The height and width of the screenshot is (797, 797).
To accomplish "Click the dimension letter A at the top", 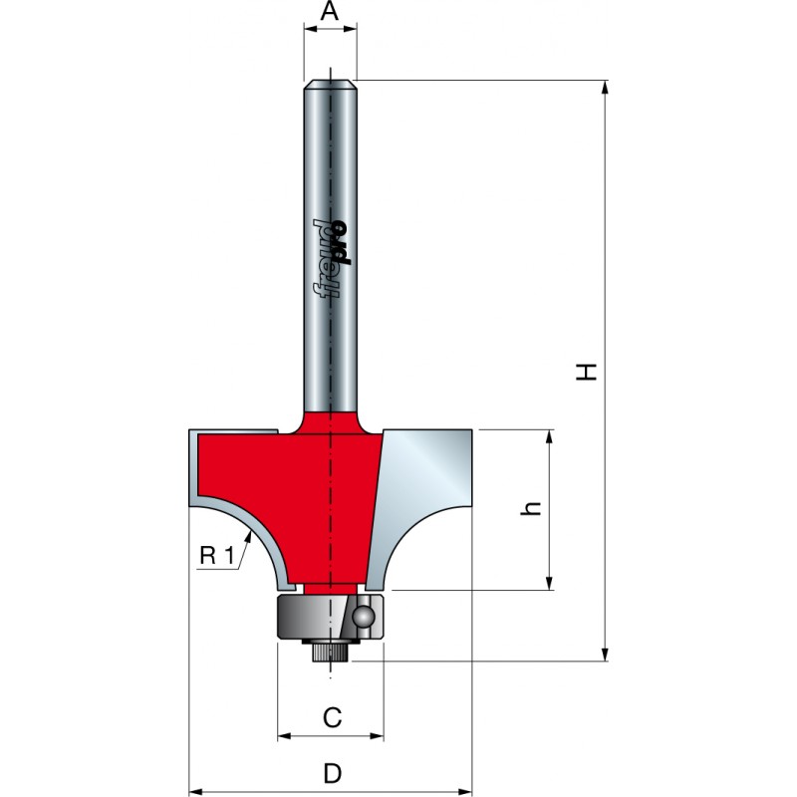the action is click(330, 11).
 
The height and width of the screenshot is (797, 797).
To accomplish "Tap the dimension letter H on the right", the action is click(586, 372).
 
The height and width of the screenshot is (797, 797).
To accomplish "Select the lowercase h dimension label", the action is click(530, 508).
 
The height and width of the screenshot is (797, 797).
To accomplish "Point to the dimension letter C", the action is click(332, 717).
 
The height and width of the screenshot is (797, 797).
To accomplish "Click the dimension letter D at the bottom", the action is click(332, 774).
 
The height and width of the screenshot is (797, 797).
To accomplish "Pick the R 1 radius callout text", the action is click(216, 556).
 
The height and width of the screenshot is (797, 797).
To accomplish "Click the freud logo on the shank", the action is click(333, 259).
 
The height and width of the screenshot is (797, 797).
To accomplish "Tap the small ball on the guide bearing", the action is click(366, 617).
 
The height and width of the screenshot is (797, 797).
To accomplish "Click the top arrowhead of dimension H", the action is click(605, 88).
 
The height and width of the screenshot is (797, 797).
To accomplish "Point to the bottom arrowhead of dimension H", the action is click(605, 655).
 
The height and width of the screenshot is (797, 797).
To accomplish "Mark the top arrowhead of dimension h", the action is click(549, 437).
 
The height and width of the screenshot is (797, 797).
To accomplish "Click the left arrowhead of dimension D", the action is click(196, 791).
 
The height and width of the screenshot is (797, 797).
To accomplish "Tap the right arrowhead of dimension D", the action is click(464, 791).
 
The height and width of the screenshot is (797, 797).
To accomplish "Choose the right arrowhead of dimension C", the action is click(377, 735).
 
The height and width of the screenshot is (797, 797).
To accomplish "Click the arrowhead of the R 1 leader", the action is click(248, 538).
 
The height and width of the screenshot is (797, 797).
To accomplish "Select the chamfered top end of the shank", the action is click(330, 84).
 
